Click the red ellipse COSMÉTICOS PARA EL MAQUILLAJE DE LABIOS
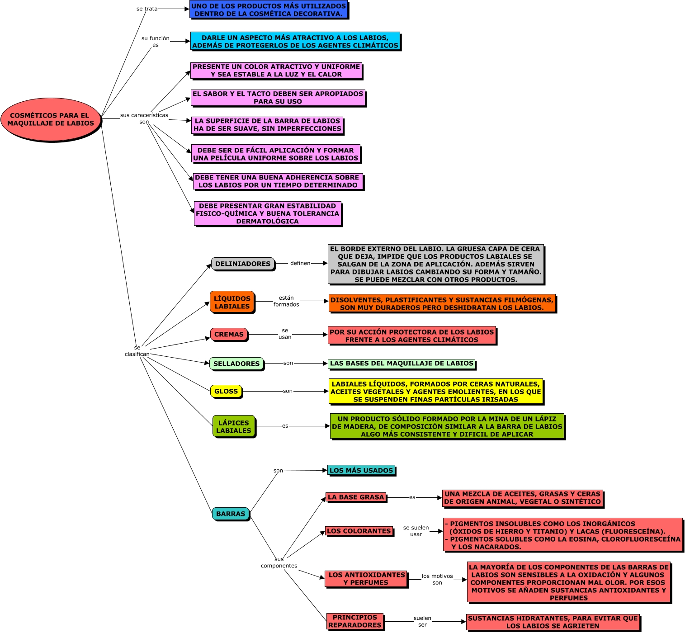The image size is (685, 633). tap(51, 119)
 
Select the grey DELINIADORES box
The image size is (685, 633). tap(243, 264)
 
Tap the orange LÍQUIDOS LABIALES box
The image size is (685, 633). tap(232, 302)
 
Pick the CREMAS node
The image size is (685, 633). tap(229, 334)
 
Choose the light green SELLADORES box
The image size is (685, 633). tap(236, 364)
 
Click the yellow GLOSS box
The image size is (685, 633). tap(226, 391)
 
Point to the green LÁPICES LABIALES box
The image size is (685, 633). tap(234, 426)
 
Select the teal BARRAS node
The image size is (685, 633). tap(231, 514)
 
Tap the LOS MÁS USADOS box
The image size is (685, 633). tap(361, 470)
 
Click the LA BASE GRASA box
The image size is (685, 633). tap(356, 497)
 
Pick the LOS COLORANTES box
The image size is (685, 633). tap(359, 531)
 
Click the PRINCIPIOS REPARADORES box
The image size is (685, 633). tap(355, 621)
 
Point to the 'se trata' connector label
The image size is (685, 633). tap(147, 9)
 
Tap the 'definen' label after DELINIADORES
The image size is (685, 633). tap(300, 263)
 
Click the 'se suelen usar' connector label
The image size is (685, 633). tap(416, 531)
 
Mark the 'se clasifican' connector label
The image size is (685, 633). tap(137, 351)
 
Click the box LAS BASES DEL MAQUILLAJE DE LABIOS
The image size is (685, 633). tap(402, 364)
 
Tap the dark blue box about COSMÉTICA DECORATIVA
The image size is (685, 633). tap(269, 9)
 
